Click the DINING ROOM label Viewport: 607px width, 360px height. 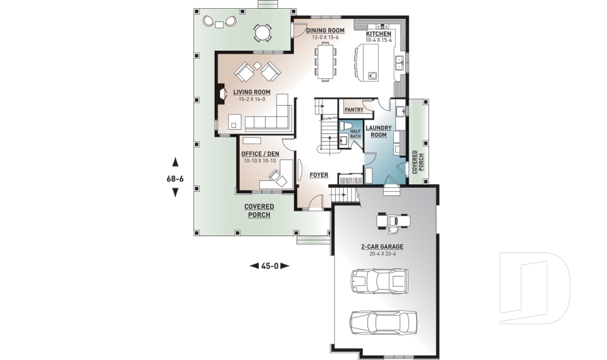coord(325,30)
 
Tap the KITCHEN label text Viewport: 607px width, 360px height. coord(379,34)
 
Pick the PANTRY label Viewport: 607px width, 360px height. coord(353,109)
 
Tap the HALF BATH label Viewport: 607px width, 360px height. coord(355,133)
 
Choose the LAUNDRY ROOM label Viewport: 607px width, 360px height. coord(378,131)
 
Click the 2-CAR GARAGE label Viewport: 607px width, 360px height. coord(382,247)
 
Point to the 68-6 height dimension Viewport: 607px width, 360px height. coord(175,178)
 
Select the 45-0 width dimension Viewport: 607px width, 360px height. coord(270,266)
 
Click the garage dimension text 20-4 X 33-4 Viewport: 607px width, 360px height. coord(382,254)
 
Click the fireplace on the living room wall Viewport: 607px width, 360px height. coord(221,94)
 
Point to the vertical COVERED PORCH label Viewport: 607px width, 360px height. coord(415,162)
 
